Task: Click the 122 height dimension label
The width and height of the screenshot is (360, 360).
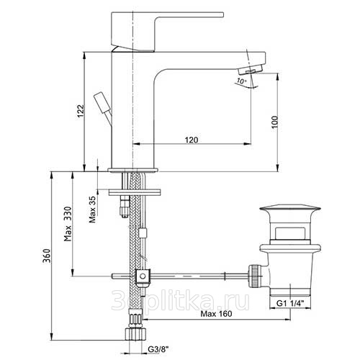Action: click(81, 111)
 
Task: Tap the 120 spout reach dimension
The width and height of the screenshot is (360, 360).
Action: click(192, 140)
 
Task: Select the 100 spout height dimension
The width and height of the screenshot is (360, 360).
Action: click(275, 122)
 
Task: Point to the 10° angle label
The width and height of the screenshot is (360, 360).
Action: click(241, 81)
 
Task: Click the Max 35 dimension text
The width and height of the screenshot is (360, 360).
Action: click(92, 210)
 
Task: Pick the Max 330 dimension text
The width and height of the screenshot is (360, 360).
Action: click(68, 224)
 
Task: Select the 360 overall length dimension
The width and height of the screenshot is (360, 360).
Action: click(47, 256)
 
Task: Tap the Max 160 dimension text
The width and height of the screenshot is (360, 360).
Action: click(217, 313)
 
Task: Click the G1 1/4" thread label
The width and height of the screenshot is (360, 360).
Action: click(290, 303)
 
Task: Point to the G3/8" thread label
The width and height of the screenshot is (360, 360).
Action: click(158, 349)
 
